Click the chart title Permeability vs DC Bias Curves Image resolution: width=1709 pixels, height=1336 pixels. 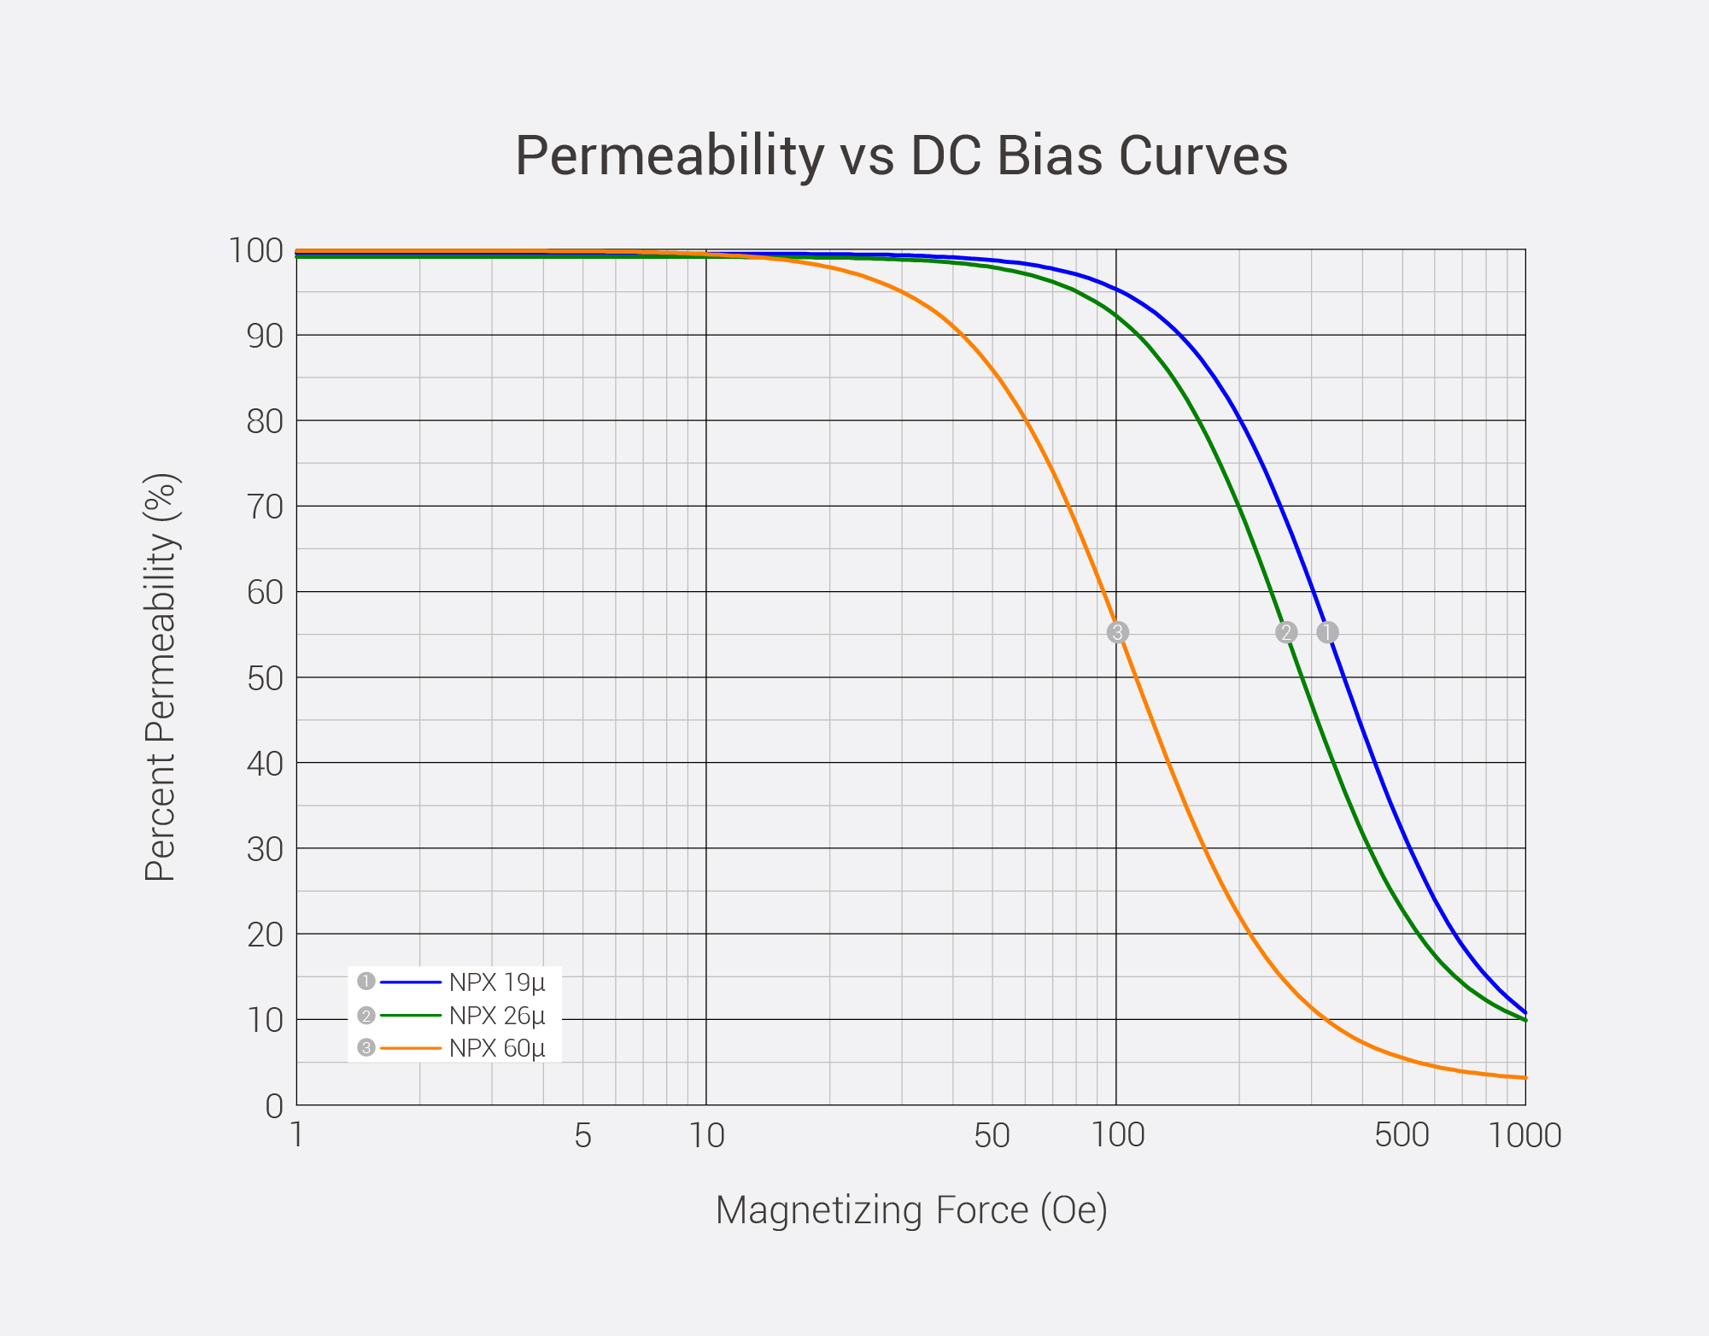[x=901, y=155]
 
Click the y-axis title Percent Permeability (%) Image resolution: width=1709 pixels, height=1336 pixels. [x=161, y=677]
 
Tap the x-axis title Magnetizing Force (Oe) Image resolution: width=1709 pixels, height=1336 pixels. [x=911, y=1210]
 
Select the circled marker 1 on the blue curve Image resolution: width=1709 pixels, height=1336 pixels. [x=1327, y=632]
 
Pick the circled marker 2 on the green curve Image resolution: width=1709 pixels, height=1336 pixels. [x=1286, y=632]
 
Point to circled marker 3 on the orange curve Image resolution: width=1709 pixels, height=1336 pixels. [x=1117, y=632]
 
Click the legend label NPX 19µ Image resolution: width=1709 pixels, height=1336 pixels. [x=496, y=982]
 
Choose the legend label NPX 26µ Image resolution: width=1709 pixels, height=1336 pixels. [x=496, y=1016]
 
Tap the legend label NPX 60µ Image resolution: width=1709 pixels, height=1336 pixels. [x=496, y=1048]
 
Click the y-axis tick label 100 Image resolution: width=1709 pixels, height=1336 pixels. [x=255, y=250]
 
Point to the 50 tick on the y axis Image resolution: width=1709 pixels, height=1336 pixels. [x=264, y=678]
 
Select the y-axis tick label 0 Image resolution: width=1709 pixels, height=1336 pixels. [x=273, y=1106]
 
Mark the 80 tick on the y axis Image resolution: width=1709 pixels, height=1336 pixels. [x=264, y=421]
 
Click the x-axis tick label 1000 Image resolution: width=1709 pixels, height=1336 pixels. [x=1525, y=1136]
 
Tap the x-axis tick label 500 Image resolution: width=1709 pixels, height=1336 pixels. [x=1402, y=1136]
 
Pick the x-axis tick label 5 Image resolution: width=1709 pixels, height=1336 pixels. [x=582, y=1136]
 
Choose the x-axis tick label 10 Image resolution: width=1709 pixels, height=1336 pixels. [x=706, y=1136]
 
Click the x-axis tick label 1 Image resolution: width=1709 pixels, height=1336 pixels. [x=296, y=1136]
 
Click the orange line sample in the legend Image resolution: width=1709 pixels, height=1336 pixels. [x=411, y=1047]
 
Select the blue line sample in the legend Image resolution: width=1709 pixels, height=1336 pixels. [x=411, y=981]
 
